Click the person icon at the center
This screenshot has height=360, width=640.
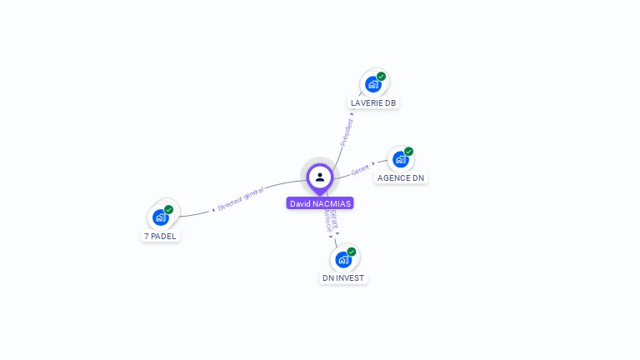coord(320,177)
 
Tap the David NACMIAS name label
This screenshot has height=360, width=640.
coord(320,203)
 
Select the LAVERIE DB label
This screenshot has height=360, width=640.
coord(373,102)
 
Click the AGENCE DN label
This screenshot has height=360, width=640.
coord(401,177)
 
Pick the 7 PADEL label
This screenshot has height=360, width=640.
coord(161,236)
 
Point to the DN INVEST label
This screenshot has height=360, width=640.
coord(343,277)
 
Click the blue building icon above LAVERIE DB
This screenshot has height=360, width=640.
coord(372,84)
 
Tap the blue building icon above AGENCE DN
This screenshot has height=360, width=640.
coord(400,159)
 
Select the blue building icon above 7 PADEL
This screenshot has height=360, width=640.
coord(160,217)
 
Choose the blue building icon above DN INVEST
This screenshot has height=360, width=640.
coord(342,259)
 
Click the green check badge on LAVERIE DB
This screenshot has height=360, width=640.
coord(382,77)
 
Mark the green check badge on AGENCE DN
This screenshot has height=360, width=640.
coord(409,152)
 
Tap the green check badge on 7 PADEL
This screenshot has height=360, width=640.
coord(169,210)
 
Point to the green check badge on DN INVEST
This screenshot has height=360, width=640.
coord(352,252)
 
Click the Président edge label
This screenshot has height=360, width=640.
coord(347,132)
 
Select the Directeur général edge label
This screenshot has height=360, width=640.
coord(241,198)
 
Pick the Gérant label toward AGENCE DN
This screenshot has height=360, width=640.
coord(360,169)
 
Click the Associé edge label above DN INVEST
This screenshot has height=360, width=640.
coord(328,221)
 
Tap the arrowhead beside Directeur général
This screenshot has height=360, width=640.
coord(213,210)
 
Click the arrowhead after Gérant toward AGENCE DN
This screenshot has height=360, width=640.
coord(373,163)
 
